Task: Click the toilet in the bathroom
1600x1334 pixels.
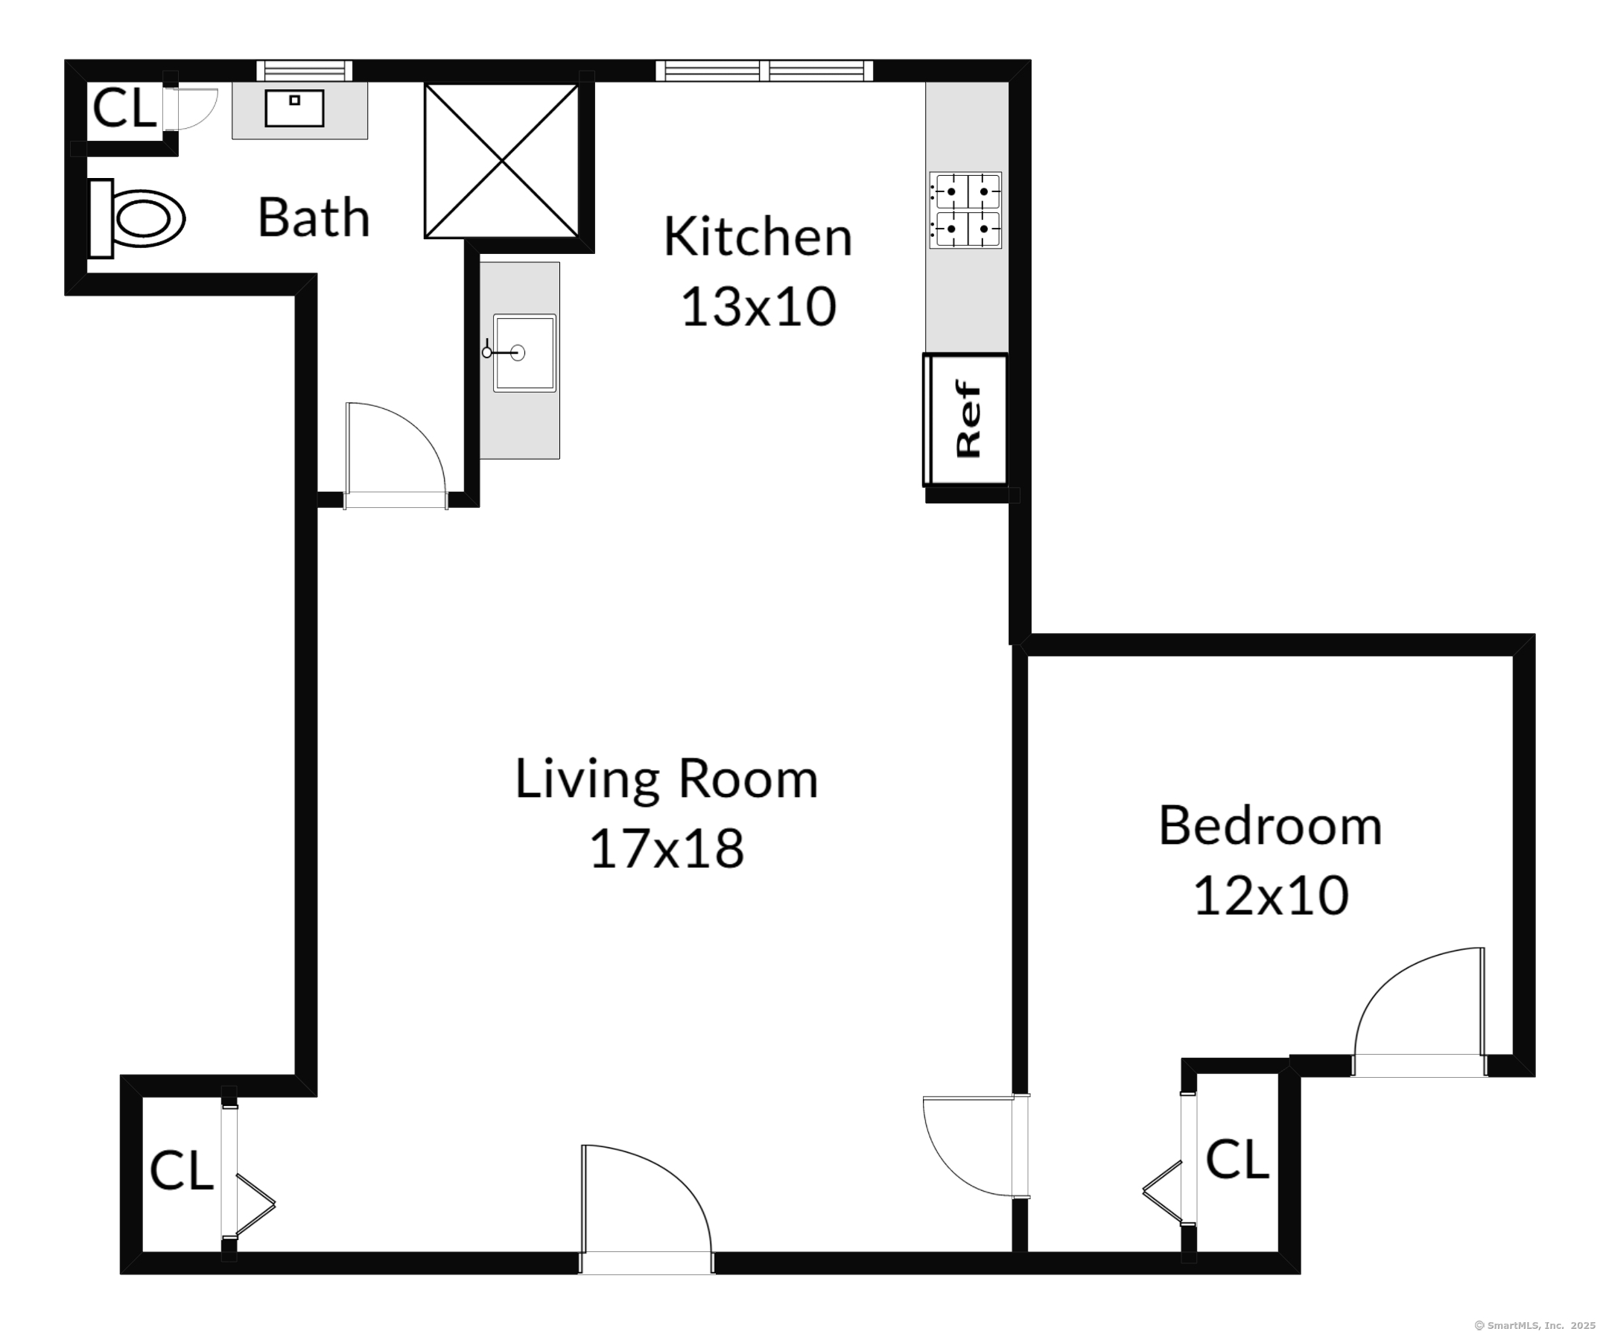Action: pos(137,219)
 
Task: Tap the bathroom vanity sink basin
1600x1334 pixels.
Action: pos(294,108)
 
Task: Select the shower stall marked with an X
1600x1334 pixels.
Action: pos(501,161)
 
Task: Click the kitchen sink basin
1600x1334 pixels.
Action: pos(524,353)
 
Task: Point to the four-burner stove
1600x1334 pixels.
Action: pos(965,210)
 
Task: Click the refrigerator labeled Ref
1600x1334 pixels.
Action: pos(965,419)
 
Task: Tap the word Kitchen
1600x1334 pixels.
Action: pos(758,237)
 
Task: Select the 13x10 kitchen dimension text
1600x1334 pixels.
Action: pos(758,307)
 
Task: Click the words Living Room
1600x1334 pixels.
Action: pos(667,779)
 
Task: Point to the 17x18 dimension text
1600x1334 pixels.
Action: pos(667,848)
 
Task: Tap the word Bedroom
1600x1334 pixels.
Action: pos(1270,826)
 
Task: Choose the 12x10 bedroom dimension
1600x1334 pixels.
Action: pos(1270,895)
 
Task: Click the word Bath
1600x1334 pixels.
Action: pos(314,218)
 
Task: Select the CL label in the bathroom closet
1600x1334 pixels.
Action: pos(124,108)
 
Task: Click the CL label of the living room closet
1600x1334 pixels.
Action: pos(181,1170)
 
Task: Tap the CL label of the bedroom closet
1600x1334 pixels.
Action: pos(1237,1160)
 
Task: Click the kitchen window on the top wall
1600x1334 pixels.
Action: pos(764,71)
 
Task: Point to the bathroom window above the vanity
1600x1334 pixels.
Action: pos(304,71)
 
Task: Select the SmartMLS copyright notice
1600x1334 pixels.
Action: pos(1534,1326)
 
